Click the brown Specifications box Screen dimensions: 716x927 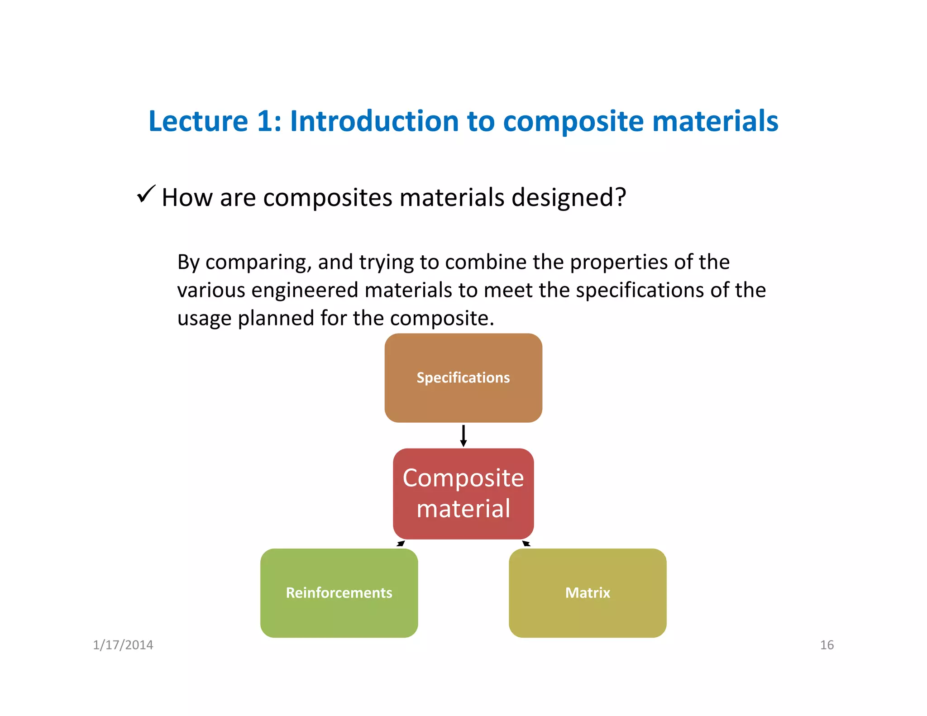coord(463,378)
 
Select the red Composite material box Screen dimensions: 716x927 coord(463,493)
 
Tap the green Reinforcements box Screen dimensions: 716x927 coord(339,593)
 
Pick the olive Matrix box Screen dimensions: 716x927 coord(588,593)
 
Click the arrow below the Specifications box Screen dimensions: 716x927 coord(463,435)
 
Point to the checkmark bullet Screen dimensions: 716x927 coord(146,195)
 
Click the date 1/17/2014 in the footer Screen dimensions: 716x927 coord(123,645)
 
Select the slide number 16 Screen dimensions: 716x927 coord(827,645)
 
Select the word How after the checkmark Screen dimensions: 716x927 coord(187,198)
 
